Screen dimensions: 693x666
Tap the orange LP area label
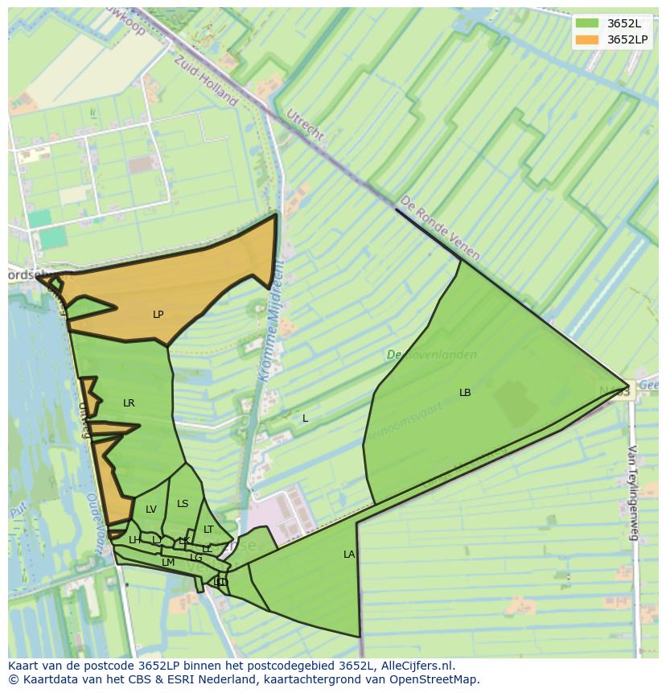pos(158,315)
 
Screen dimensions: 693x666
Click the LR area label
pos(129,403)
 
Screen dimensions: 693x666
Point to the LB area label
pos(465,393)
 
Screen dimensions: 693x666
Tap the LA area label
pos(349,555)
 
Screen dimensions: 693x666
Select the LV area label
pos(151,509)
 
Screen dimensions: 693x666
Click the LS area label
pos(183,504)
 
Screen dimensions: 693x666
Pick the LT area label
pos(208,530)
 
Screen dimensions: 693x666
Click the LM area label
pos(168,563)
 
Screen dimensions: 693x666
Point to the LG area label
pos(196,557)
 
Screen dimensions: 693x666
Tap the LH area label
pos(134,540)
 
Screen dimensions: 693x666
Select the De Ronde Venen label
pos(440,228)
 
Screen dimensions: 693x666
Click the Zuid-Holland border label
pos(206,80)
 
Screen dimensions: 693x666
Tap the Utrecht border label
pos(305,124)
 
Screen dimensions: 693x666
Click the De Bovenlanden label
pos(431,355)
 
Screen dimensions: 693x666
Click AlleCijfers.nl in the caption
pos(409,666)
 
